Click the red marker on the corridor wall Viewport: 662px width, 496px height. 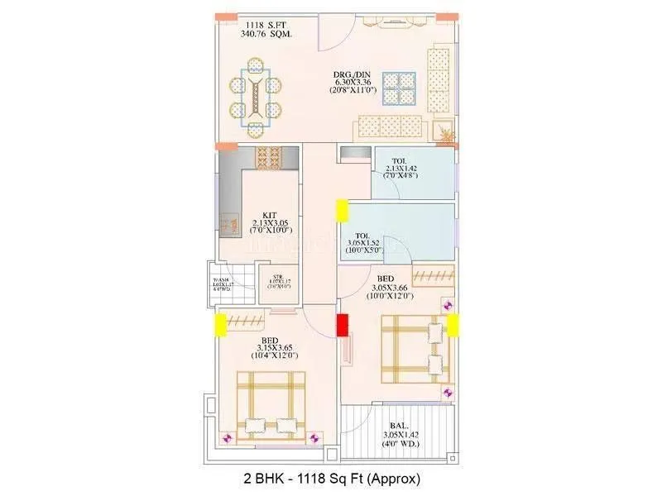tap(342, 325)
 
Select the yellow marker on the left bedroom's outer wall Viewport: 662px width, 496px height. tap(221, 325)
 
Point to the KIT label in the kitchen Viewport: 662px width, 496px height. tap(270, 214)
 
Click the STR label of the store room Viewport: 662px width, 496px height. tap(277, 278)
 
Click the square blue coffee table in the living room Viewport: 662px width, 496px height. tap(399, 88)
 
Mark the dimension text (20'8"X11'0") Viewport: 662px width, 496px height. tap(355, 90)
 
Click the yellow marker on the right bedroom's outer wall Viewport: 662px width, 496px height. tap(453, 325)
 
